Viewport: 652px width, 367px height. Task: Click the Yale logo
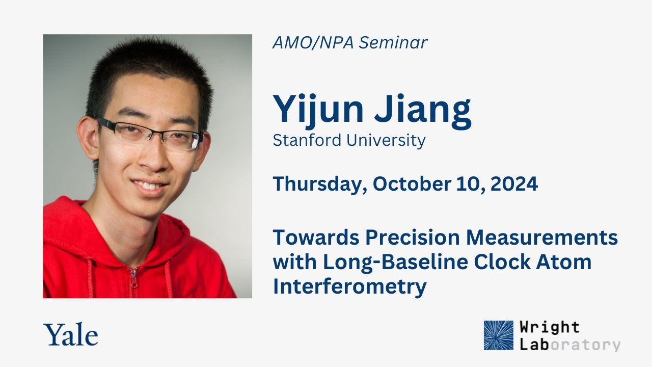pyautogui.click(x=71, y=335)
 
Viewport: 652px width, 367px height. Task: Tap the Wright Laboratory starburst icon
pyautogui.click(x=498, y=335)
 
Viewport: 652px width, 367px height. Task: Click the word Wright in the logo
pyautogui.click(x=550, y=327)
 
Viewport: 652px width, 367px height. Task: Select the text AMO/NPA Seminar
pyautogui.click(x=350, y=43)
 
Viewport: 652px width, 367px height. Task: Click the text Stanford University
pyautogui.click(x=349, y=140)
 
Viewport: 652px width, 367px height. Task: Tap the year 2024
pyautogui.click(x=514, y=184)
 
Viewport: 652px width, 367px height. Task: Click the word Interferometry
pyautogui.click(x=349, y=286)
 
